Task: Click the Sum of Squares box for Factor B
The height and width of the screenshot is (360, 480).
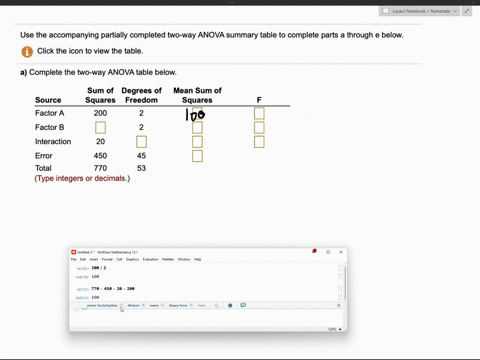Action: coord(100,128)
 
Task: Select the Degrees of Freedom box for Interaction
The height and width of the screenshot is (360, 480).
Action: coord(141,142)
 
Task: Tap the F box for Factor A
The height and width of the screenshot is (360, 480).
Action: coord(259,114)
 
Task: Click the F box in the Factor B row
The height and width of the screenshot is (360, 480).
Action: coord(259,128)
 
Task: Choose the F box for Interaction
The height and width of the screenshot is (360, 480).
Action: coord(259,142)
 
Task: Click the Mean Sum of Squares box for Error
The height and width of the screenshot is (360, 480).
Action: coord(197,156)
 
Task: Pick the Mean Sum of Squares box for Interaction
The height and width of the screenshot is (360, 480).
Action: coord(197,142)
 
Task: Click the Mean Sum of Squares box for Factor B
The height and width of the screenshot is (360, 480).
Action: coord(197,128)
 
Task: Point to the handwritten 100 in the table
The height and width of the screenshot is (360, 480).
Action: coord(195,115)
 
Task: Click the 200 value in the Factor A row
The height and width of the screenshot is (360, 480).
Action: coord(100,114)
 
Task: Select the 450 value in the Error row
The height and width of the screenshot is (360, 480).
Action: coord(100,156)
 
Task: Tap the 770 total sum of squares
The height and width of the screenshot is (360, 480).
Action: coord(100,169)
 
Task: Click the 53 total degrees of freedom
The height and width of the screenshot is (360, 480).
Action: coord(141,169)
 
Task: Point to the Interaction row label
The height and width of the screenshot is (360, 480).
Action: coord(53,142)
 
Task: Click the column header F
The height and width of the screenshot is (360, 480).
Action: coord(259,100)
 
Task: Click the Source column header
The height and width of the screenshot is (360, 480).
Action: coord(48,100)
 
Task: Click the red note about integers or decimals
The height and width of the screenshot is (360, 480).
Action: coord(82,178)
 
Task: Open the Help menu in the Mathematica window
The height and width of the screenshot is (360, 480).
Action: coord(197,259)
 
